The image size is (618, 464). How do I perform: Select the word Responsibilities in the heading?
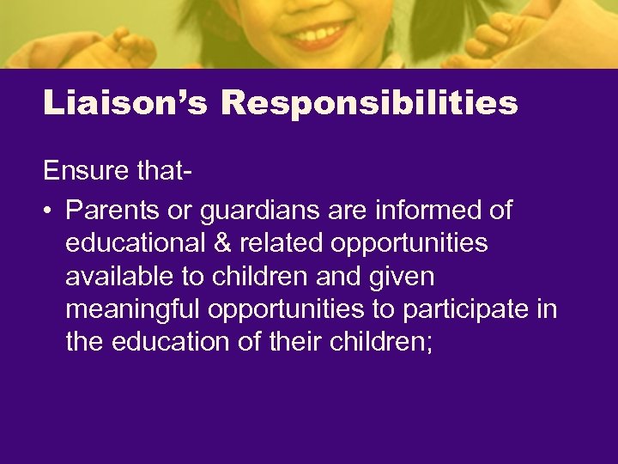(369, 103)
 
